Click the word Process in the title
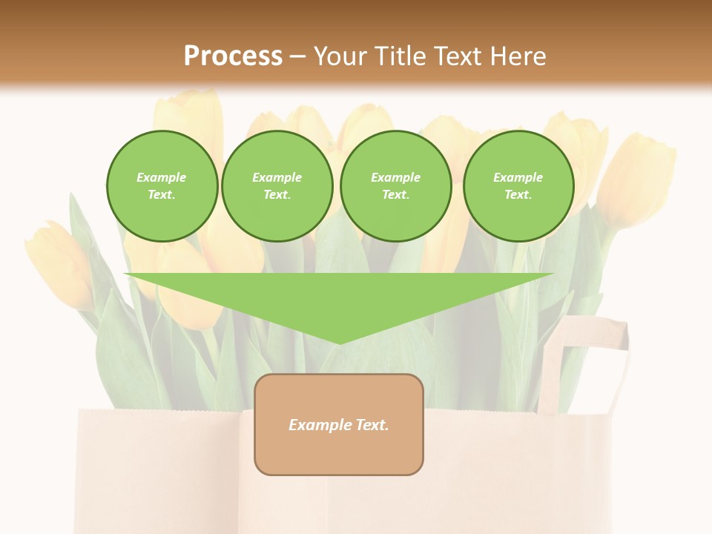coord(233,56)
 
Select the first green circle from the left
coord(162,186)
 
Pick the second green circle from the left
coord(277,186)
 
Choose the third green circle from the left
coord(395,186)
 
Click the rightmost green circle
coord(518,186)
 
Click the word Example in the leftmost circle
coord(162,177)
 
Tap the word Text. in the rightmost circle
coord(518,195)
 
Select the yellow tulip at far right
coord(638,178)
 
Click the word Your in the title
coord(341,56)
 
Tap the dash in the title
coord(298,56)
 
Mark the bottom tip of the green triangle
coord(339,342)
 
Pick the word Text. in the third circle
coord(395,195)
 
